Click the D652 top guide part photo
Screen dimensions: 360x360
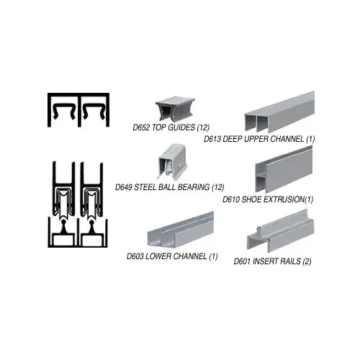click(x=175, y=109)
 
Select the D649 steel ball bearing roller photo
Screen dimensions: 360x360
click(x=172, y=161)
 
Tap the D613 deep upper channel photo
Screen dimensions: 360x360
click(x=279, y=112)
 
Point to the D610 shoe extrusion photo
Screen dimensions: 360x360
click(x=284, y=169)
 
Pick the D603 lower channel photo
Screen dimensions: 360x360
click(x=181, y=230)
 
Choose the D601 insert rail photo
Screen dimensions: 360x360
click(x=281, y=231)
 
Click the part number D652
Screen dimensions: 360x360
click(x=141, y=127)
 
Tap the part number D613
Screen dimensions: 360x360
click(x=212, y=139)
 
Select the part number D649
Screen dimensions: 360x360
click(x=124, y=187)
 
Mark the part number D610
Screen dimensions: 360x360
click(x=231, y=199)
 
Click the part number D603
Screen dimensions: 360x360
click(x=135, y=256)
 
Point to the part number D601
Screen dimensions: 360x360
click(x=242, y=261)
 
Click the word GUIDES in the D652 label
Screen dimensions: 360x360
click(x=181, y=127)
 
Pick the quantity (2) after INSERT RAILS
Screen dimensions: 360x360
click(x=307, y=261)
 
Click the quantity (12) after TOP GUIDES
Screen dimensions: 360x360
click(x=203, y=127)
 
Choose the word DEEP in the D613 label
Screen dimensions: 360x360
click(x=232, y=139)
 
